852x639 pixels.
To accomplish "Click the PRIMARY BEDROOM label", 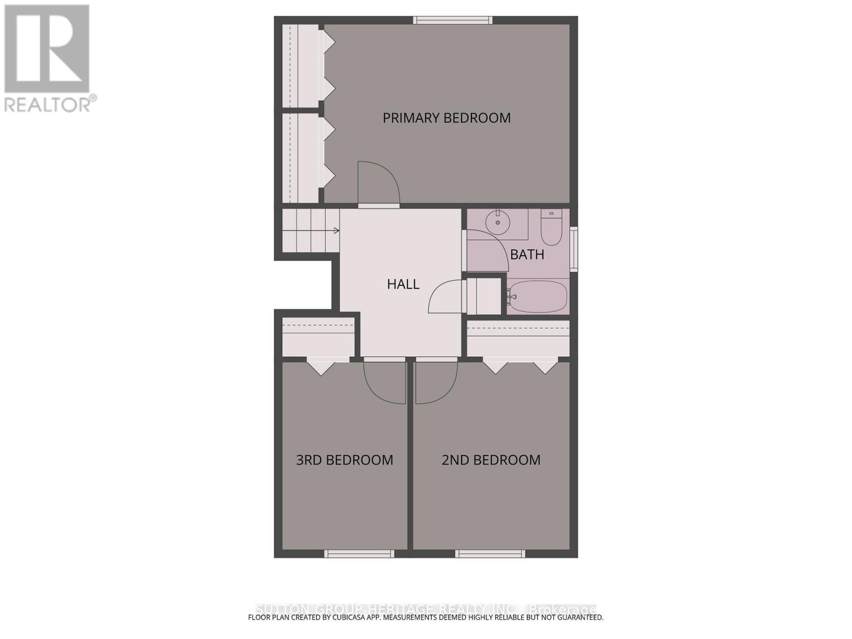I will click(x=446, y=118).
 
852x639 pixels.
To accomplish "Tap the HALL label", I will click(x=403, y=284).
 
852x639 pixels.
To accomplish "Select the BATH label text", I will click(x=527, y=255).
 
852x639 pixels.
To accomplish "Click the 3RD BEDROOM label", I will click(x=345, y=460).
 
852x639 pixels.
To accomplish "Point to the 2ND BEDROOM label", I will click(x=491, y=460).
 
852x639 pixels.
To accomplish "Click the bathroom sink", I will click(x=498, y=223).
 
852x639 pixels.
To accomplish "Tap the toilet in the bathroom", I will click(x=551, y=229).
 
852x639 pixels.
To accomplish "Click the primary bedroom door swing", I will click(x=377, y=184).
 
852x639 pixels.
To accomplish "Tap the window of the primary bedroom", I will click(x=453, y=20).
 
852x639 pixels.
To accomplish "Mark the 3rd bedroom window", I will click(x=359, y=554).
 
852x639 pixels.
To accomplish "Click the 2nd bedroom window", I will click(x=490, y=554).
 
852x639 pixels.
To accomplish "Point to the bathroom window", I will click(x=574, y=249).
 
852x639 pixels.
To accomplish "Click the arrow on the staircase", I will click(x=337, y=231).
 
